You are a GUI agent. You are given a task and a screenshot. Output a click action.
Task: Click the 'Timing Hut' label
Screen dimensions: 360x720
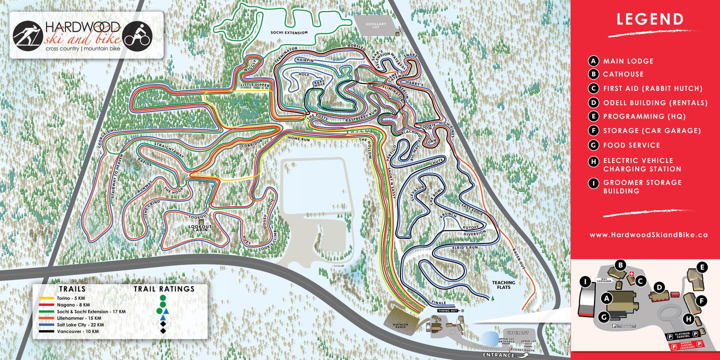click(x=444, y=310)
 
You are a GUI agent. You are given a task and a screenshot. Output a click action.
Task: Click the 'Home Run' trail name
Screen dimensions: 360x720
click(x=298, y=139)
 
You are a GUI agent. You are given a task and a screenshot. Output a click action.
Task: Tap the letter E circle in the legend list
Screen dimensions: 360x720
click(x=593, y=116)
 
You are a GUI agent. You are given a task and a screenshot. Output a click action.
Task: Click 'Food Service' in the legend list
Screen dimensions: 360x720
click(x=631, y=145)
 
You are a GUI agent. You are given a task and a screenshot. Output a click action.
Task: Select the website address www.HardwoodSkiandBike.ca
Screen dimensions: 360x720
click(x=648, y=234)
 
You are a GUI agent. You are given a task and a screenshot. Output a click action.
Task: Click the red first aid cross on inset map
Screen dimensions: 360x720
click(x=631, y=274)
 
